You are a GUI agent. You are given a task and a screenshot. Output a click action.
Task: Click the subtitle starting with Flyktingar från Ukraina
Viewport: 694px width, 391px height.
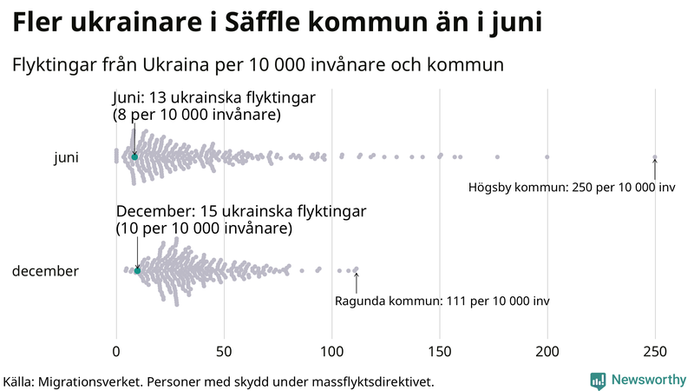pos(258,65)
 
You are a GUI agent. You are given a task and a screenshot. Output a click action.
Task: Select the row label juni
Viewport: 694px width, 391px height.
pos(66,157)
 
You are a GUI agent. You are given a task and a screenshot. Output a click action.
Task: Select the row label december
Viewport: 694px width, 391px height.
pos(45,271)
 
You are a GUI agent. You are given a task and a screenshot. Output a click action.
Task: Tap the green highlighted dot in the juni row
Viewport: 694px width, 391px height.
pos(134,156)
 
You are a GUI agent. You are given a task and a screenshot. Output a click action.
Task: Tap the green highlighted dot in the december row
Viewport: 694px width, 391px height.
pos(137,271)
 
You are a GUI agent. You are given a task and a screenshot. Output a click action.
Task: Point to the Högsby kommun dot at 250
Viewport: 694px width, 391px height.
pos(655,157)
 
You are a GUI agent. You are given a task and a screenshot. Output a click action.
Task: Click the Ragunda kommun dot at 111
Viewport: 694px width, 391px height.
pos(356,270)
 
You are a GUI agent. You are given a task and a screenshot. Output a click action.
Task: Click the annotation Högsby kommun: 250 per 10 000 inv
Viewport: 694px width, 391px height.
pos(572,187)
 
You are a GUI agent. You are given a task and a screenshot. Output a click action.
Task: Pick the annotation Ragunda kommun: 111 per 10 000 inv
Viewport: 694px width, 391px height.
pos(442,301)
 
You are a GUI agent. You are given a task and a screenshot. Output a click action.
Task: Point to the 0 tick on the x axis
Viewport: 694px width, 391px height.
pos(116,351)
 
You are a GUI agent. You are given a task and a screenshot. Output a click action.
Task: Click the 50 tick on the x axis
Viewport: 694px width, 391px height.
pos(224,351)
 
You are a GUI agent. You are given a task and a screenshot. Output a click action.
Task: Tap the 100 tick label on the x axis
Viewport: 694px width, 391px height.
pos(332,351)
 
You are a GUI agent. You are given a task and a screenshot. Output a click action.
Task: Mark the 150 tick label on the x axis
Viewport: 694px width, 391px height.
pos(440,351)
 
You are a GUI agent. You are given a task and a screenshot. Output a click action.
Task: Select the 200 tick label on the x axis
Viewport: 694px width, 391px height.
pos(547,351)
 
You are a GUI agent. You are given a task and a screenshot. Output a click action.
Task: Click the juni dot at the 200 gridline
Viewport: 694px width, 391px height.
pos(547,157)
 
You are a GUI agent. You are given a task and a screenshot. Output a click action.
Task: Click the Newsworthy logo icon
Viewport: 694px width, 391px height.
pos(598,380)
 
